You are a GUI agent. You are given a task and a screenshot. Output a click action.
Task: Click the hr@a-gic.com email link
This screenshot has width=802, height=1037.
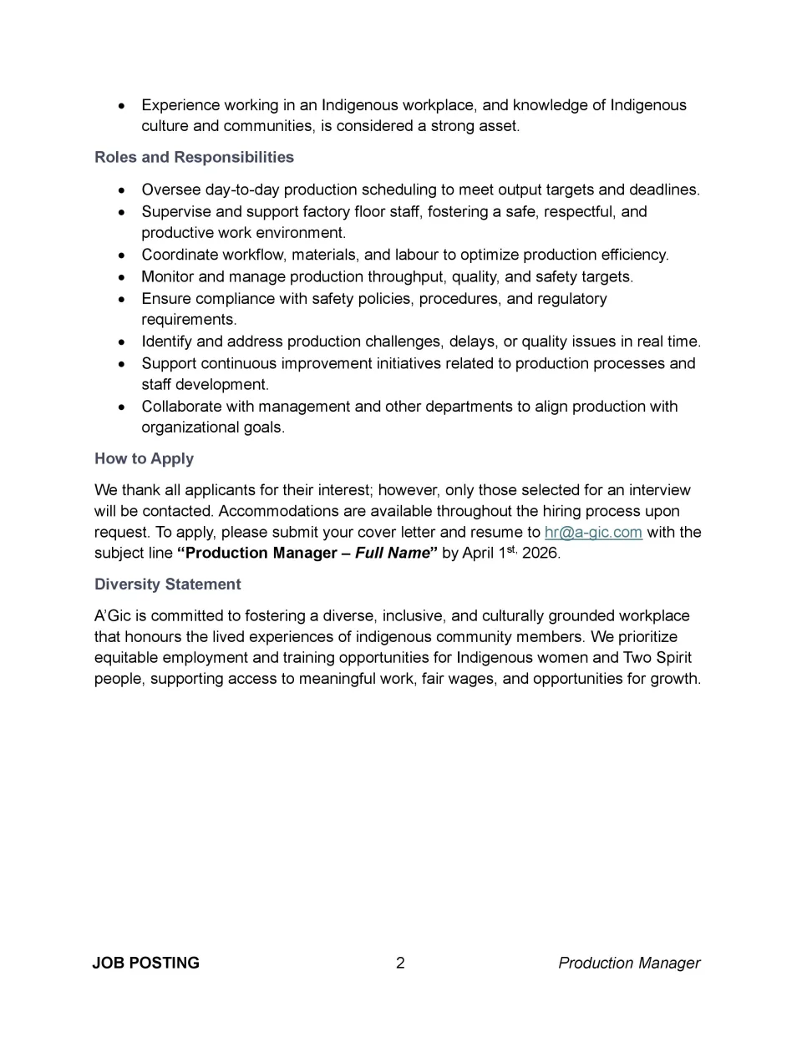point(593,532)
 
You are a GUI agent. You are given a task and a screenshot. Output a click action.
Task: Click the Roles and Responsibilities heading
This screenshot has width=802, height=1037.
point(194,157)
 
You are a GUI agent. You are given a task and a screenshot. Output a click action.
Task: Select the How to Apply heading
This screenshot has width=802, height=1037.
point(144,458)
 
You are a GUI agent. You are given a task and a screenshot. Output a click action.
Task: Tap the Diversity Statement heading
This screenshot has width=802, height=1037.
point(167,584)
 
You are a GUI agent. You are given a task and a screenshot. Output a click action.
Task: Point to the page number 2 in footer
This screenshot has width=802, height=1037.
point(400,963)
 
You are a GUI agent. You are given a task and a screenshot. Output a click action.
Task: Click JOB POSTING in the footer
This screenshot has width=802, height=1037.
point(145,963)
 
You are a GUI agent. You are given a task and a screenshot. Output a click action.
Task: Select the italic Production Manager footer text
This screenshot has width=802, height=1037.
point(629,963)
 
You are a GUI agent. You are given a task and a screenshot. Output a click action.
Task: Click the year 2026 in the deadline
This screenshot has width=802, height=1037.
point(541,553)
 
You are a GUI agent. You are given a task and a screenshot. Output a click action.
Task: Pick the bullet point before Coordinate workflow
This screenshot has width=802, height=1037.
point(123,255)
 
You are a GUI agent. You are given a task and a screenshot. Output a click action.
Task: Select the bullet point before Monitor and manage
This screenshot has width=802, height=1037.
point(123,277)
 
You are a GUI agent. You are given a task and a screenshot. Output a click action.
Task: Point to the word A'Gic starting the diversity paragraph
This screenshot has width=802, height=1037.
point(111,615)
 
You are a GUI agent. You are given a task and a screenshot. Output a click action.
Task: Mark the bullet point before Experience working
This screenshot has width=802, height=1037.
point(123,106)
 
